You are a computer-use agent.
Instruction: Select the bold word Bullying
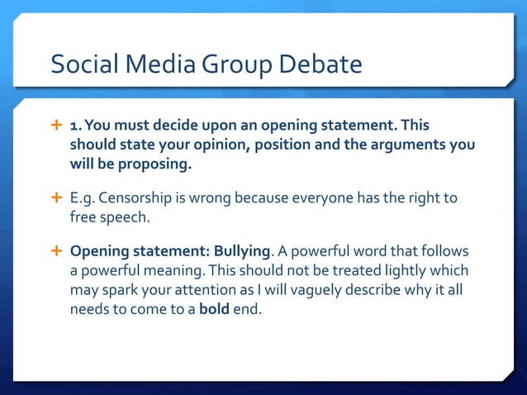(x=245, y=251)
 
